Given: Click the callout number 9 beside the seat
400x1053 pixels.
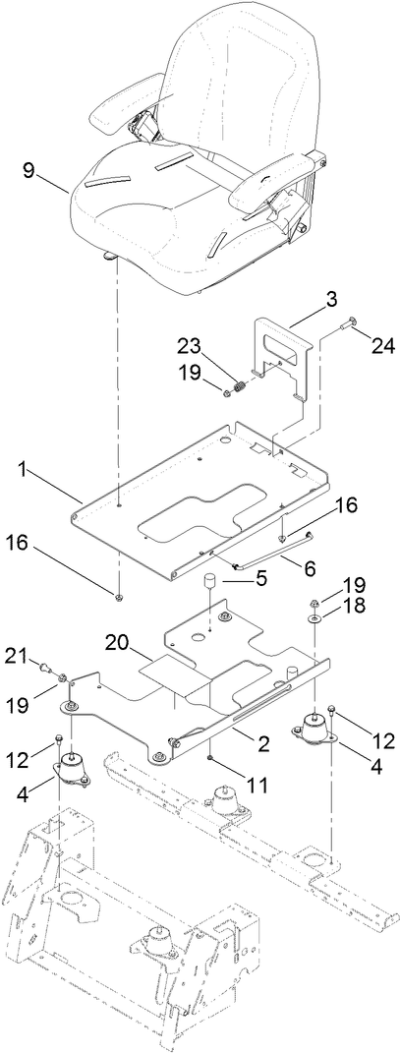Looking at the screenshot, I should coord(29,170).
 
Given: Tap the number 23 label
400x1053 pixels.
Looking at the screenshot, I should coord(190,345).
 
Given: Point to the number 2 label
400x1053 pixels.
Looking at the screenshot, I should coord(261,744).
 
